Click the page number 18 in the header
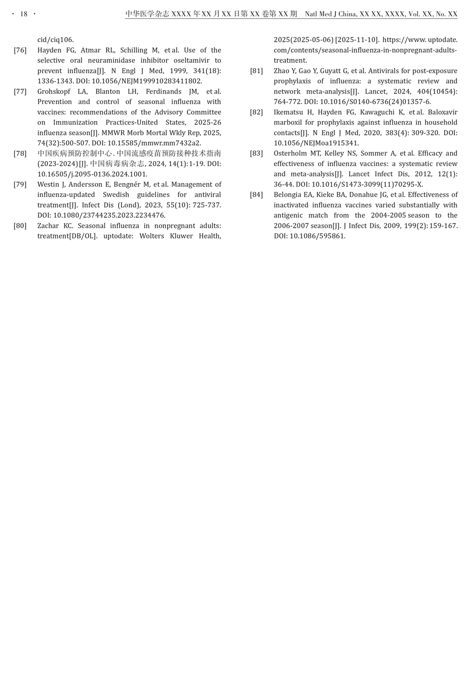point(24,14)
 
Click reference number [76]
point(20,50)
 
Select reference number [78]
point(20,154)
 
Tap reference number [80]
point(20,226)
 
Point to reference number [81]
point(256,71)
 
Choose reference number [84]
point(256,195)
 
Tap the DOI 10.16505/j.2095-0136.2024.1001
point(92,174)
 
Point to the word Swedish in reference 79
point(116,195)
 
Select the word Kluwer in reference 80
point(181,236)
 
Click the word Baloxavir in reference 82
point(442,112)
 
